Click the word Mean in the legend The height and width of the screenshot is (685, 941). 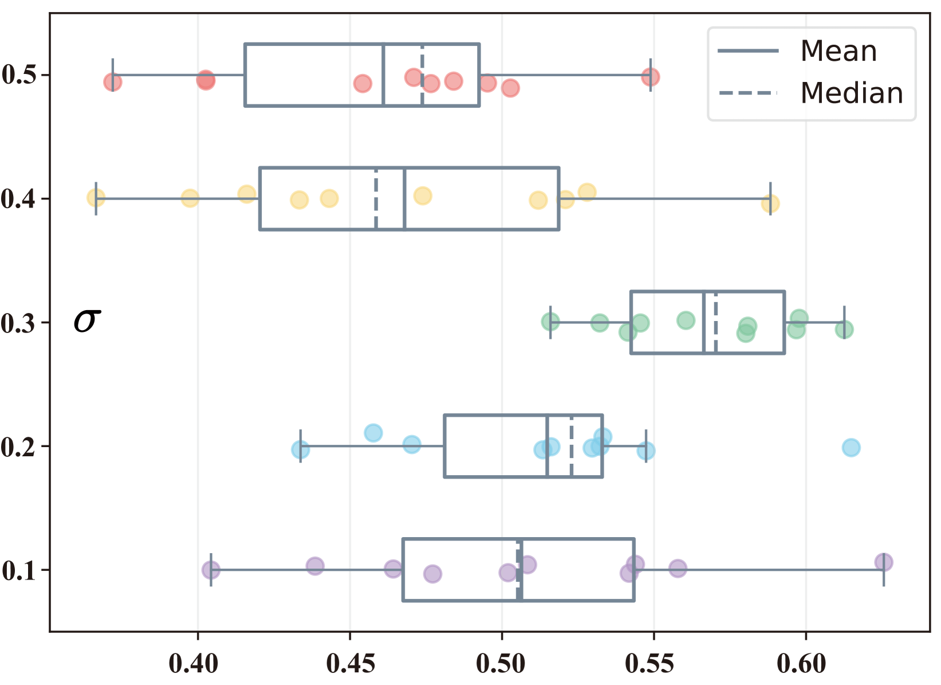pos(838,51)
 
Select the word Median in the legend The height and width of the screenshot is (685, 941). pos(852,93)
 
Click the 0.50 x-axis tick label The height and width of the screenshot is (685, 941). pos(501,664)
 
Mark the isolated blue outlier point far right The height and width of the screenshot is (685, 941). pos(851,448)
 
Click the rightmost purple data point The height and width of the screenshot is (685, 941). pos(884,562)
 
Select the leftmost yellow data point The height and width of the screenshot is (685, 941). pos(96,198)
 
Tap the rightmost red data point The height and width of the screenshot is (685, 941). pos(650,77)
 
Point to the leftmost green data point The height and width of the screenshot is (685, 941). pos(550,322)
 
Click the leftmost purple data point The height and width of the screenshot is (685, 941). pos(211,570)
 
